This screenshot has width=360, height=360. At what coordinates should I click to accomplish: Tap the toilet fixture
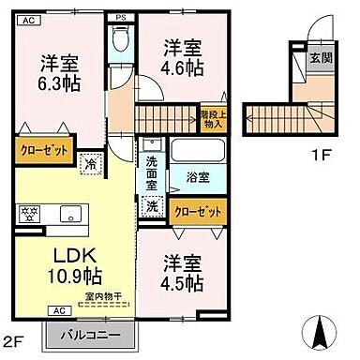click(x=119, y=39)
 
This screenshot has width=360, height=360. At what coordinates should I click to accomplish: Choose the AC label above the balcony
click(x=57, y=310)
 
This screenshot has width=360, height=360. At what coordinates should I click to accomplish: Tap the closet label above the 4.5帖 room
click(x=200, y=212)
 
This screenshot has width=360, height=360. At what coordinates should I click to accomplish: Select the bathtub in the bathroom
click(x=196, y=153)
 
